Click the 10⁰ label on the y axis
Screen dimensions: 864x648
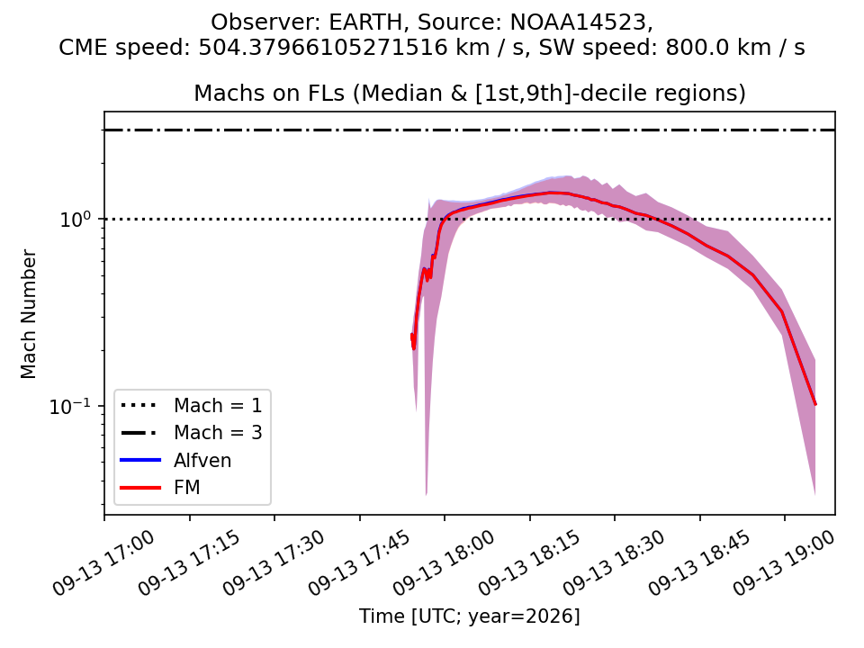click(75, 220)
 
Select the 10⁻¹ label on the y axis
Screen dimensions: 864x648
click(70, 406)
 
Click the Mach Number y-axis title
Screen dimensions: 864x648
click(28, 314)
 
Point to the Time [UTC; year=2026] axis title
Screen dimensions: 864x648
click(470, 616)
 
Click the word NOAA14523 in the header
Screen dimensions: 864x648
click(578, 22)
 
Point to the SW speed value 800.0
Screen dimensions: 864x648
click(691, 48)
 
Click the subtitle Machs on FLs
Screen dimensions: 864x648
click(269, 93)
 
